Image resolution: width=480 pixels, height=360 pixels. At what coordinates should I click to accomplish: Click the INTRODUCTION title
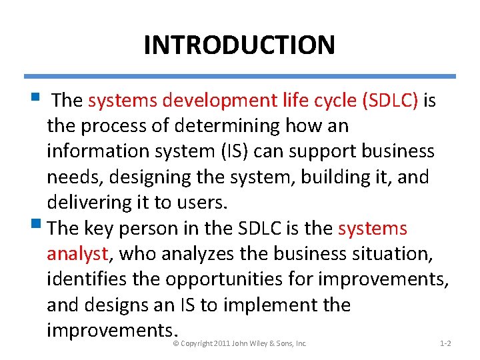239,45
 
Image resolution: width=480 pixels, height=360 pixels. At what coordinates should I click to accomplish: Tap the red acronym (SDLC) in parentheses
390,101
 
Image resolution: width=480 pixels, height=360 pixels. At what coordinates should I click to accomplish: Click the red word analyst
77,254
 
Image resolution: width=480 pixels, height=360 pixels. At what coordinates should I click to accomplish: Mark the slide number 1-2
446,343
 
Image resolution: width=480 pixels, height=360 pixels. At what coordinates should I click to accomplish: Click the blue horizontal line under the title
239,76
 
